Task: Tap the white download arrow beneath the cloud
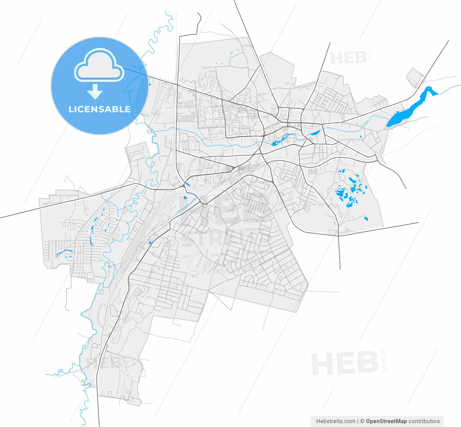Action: pyautogui.click(x=95, y=92)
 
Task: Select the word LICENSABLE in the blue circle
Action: pyautogui.click(x=100, y=109)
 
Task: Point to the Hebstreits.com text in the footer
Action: pyautogui.click(x=335, y=421)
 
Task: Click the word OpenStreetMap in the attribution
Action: pyautogui.click(x=386, y=421)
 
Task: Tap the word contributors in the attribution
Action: pyautogui.click(x=424, y=421)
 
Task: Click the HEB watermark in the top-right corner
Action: pyautogui.click(x=348, y=58)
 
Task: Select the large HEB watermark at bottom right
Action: pyautogui.click(x=345, y=364)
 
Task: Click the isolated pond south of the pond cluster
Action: pyautogui.click(x=366, y=219)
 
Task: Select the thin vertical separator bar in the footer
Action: pyautogui.click(x=358, y=421)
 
